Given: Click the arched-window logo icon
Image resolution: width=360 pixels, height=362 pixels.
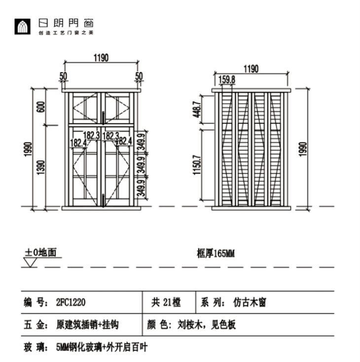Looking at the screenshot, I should click(22, 26).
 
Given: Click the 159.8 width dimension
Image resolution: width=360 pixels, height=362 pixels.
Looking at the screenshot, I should click(227, 79).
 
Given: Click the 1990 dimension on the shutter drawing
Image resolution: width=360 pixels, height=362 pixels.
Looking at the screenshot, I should click(303, 149).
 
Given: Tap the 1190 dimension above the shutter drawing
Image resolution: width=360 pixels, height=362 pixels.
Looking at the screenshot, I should click(251, 69).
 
